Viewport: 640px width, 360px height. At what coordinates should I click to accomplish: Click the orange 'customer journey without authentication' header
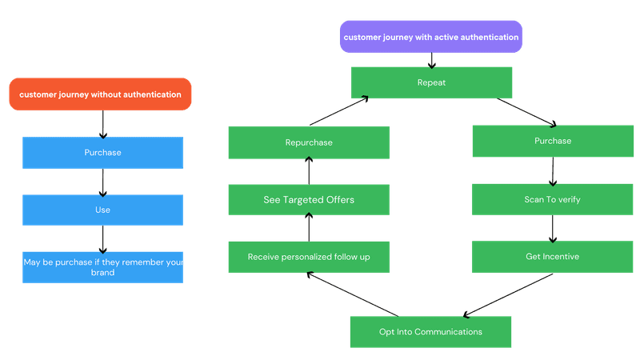[101, 94]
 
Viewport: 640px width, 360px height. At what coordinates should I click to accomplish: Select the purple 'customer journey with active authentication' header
[431, 37]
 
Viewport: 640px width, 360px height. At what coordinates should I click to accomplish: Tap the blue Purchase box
[102, 152]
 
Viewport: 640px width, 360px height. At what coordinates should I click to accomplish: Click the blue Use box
[102, 210]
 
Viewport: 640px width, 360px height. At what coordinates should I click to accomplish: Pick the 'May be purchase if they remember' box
[102, 266]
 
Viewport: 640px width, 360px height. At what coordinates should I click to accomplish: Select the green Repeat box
[431, 82]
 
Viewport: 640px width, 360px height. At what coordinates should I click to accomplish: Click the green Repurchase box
[309, 142]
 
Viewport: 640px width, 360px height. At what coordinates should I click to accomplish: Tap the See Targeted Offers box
[309, 199]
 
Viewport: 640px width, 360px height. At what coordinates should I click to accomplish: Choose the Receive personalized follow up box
[309, 257]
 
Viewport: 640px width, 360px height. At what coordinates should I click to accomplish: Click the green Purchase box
[552, 141]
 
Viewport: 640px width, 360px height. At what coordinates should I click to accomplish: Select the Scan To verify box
[552, 199]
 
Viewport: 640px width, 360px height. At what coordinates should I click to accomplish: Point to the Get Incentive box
[552, 257]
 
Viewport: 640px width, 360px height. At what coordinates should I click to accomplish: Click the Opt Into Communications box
[431, 331]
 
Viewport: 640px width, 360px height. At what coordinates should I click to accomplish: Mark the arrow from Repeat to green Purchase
[526, 112]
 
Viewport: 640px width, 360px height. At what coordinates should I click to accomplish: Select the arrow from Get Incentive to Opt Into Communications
[509, 294]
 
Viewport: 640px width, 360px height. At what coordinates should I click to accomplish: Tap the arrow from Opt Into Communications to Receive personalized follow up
[353, 294]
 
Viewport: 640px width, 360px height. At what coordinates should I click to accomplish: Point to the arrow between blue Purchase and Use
[102, 181]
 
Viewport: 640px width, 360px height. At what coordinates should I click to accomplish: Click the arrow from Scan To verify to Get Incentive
[552, 228]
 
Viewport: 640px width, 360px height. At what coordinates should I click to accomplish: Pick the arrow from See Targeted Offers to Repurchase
[309, 170]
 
